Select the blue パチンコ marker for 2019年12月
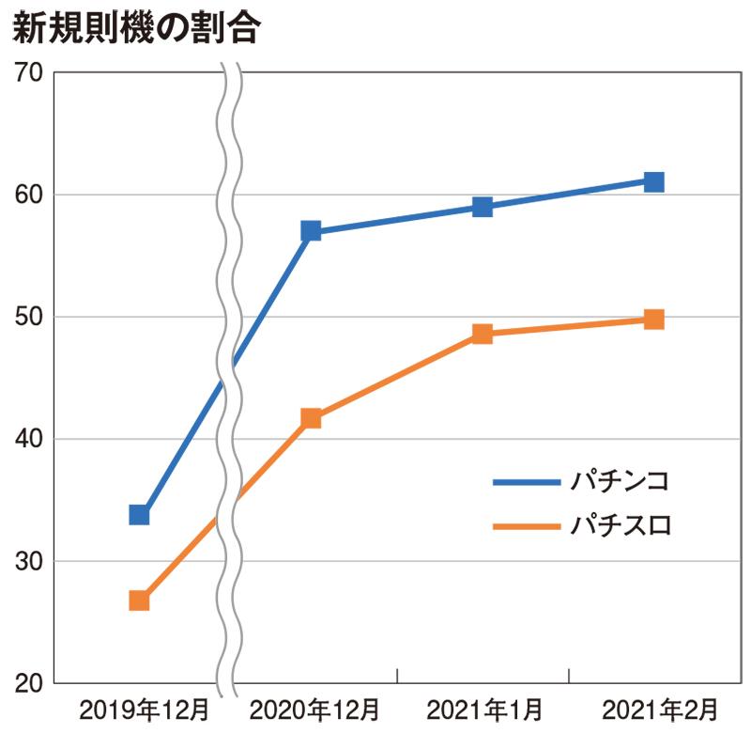coord(139,514)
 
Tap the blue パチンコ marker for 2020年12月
coord(311,230)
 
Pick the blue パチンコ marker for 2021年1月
coord(483,206)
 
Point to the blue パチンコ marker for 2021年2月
coord(654,181)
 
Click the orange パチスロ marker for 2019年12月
coord(139,600)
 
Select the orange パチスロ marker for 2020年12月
coord(311,418)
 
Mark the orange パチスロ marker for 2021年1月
coord(483,334)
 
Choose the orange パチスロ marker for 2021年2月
coord(654,320)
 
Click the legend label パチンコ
coord(621,482)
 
